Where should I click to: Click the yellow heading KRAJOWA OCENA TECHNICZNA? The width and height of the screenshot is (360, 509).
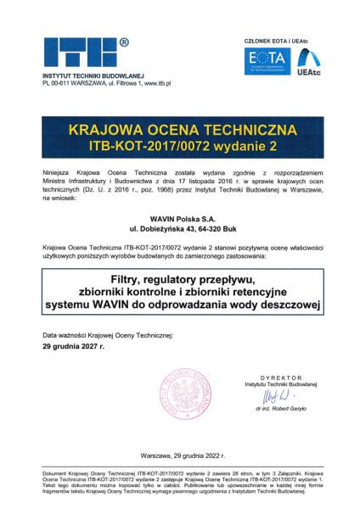(x=179, y=131)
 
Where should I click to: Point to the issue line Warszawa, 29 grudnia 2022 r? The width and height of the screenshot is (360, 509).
(x=179, y=455)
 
